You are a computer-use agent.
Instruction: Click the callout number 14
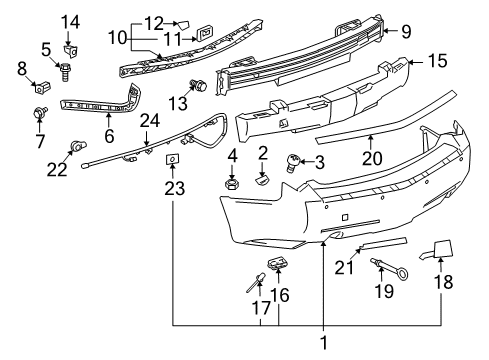70,22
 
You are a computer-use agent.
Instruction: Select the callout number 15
436,63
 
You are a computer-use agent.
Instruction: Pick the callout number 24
149,121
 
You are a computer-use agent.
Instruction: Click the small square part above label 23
172,158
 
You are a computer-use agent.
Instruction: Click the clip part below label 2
263,180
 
